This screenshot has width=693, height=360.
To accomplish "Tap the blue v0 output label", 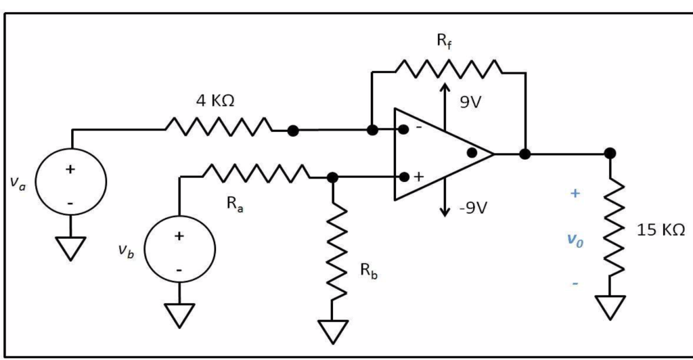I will (x=574, y=240).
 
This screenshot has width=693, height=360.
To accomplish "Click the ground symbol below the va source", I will (x=70, y=248).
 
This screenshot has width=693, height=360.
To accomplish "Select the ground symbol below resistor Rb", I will (x=332, y=332).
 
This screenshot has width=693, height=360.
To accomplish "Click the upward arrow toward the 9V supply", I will (x=445, y=95).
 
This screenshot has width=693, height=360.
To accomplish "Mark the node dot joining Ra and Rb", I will (x=332, y=177).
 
